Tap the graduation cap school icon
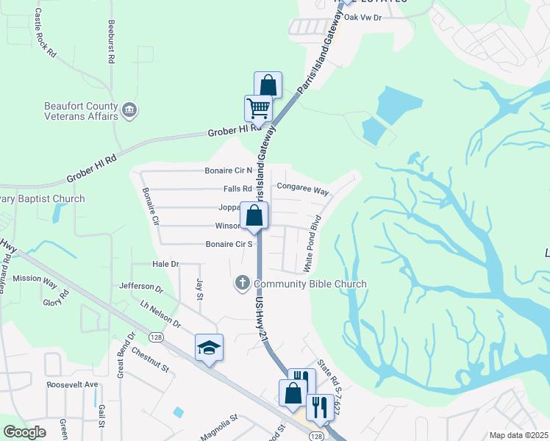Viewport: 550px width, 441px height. (x=209, y=348)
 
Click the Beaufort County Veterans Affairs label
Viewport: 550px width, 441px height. (x=81, y=111)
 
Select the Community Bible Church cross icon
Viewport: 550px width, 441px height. (x=242, y=283)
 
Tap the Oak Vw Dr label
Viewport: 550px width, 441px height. (x=364, y=17)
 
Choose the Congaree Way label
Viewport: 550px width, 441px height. (x=302, y=189)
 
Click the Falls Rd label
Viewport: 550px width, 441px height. (x=238, y=189)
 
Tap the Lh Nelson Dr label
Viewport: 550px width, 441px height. (x=160, y=314)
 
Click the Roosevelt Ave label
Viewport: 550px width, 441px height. (x=72, y=384)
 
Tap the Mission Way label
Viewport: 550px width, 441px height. (x=35, y=279)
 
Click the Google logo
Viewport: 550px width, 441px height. (x=24, y=432)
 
